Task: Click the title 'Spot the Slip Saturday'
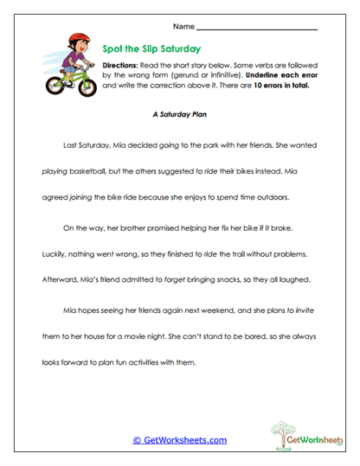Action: (x=152, y=50)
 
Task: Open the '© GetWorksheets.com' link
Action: (x=179, y=440)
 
